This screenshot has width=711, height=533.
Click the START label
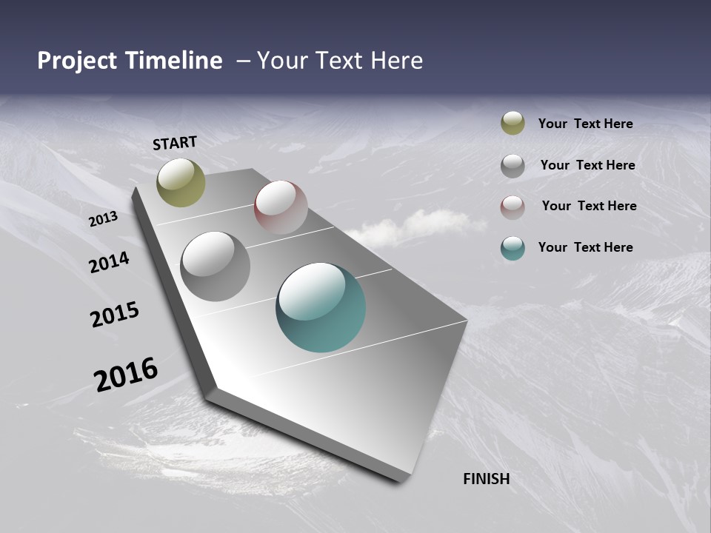click(x=175, y=143)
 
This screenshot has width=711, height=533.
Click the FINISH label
click(x=486, y=479)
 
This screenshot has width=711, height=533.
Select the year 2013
click(x=103, y=219)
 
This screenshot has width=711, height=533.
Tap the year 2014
click(x=109, y=262)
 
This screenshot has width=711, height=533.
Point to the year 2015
click(x=114, y=314)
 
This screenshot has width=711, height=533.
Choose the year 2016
click(x=125, y=375)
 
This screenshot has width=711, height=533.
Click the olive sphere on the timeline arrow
click(x=181, y=182)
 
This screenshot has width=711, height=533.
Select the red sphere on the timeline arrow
click(x=281, y=207)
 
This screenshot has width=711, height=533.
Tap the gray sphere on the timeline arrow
click(x=215, y=266)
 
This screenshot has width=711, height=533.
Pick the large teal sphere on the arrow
click(x=321, y=307)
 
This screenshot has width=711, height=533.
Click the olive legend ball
click(x=513, y=124)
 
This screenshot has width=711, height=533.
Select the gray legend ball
click(x=513, y=166)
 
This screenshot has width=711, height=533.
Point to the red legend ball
click(x=513, y=207)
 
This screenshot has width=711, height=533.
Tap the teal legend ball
click(x=513, y=248)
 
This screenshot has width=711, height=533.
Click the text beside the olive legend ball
click(x=585, y=124)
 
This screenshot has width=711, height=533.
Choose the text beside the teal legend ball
click(x=585, y=247)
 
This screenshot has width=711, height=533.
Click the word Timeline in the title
click(x=176, y=61)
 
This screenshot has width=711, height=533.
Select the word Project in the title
click(x=77, y=61)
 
